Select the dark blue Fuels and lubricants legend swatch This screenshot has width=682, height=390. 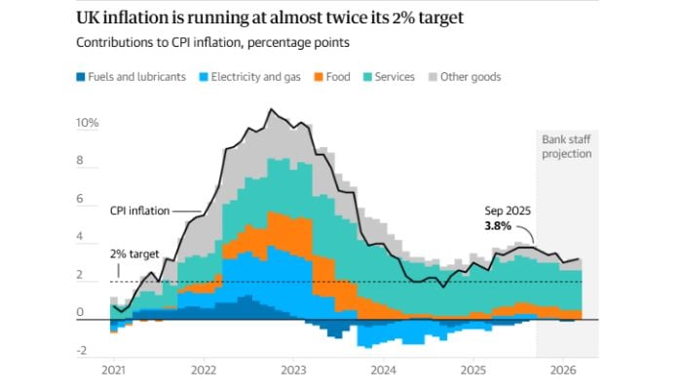pyautogui.click(x=79, y=77)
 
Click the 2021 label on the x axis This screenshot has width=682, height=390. pyautogui.click(x=114, y=371)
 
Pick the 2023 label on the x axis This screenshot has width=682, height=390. pyautogui.click(x=293, y=371)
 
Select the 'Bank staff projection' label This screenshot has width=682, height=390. pyautogui.click(x=566, y=146)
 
